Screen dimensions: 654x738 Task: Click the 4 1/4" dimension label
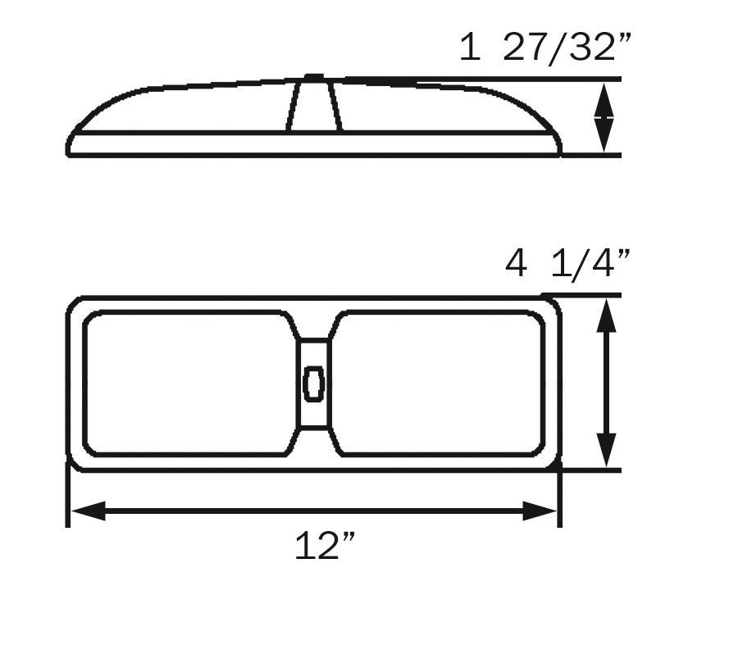click(x=567, y=265)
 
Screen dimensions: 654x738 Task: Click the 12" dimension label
click(x=326, y=546)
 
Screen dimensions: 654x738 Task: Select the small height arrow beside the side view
click(x=604, y=117)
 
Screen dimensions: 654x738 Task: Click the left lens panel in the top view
click(x=187, y=383)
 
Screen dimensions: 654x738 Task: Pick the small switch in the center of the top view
click(x=313, y=384)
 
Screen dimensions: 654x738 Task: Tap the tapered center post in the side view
click(x=313, y=107)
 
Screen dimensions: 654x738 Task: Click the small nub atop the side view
click(x=313, y=78)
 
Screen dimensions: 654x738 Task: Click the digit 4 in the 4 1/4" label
click(x=517, y=265)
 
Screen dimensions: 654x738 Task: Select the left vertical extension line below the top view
click(x=67, y=500)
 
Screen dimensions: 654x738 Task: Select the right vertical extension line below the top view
click(x=559, y=500)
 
